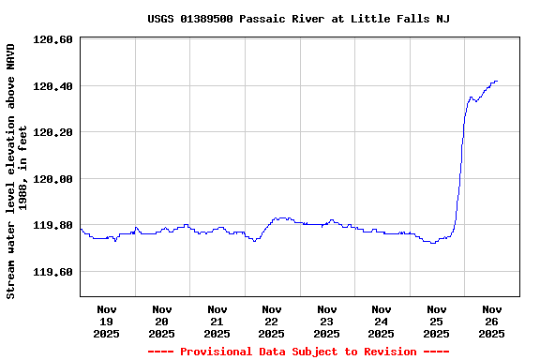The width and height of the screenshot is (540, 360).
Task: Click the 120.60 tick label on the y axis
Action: (52, 39)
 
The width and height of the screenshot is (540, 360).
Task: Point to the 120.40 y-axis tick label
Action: (52, 86)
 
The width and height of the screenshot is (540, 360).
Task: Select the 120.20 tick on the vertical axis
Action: (52, 132)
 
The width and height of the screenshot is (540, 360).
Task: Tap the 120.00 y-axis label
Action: (52, 179)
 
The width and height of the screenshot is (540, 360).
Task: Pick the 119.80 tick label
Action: (52, 225)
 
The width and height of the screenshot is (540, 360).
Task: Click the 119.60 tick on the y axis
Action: (52, 272)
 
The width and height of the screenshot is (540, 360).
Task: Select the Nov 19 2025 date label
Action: (107, 321)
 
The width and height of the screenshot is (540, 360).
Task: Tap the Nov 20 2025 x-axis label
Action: (162, 321)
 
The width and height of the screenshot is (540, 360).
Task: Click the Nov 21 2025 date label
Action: (217, 321)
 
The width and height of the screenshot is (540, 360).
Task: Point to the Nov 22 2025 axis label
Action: (272, 321)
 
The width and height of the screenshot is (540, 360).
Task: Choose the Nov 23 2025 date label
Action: (326, 321)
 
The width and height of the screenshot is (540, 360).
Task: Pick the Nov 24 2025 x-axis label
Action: (382, 321)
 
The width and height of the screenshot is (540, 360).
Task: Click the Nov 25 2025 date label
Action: (436, 321)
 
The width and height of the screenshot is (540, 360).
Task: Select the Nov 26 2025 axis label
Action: (491, 321)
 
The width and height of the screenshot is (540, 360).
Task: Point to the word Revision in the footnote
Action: (386, 352)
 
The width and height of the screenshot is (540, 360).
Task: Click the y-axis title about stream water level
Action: (17, 171)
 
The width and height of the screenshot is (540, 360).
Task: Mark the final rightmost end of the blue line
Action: (497, 82)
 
